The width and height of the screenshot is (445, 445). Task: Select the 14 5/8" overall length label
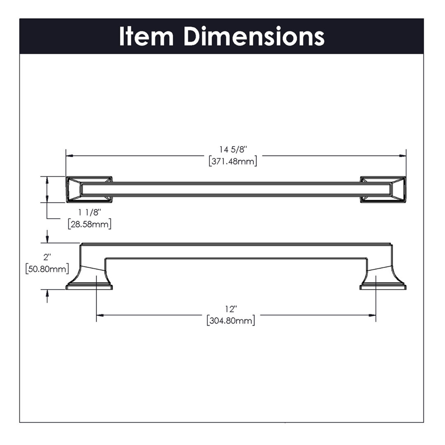(x=233, y=150)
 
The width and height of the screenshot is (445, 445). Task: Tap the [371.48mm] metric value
(x=233, y=162)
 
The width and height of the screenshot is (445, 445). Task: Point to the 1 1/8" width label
(x=90, y=213)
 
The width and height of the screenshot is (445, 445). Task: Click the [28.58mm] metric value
(x=90, y=224)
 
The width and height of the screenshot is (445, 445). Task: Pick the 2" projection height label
(x=47, y=257)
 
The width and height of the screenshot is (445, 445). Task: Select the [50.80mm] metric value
(x=47, y=269)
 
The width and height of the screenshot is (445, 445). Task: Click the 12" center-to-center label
(x=231, y=309)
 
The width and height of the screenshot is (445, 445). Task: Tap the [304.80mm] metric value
(x=231, y=321)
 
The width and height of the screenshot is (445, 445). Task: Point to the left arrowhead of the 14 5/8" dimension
(x=69, y=156)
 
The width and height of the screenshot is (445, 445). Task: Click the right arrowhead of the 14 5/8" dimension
(x=403, y=156)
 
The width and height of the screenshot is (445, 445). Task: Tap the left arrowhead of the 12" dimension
(x=100, y=315)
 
